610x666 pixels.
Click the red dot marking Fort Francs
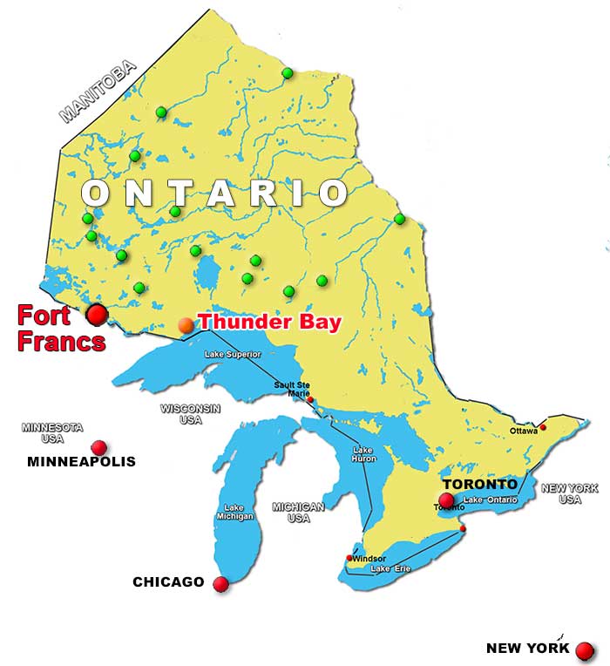click(97, 314)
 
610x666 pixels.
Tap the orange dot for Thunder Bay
click(186, 325)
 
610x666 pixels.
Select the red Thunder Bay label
click(271, 322)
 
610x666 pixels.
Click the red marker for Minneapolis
click(99, 447)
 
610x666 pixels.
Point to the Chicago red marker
click(220, 584)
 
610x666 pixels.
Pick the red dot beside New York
click(585, 650)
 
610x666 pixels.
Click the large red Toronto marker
click(447, 500)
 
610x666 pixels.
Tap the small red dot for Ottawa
click(543, 427)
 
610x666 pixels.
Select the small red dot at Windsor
click(350, 558)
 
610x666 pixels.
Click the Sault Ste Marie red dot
click(310, 400)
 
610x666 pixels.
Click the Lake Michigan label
click(234, 513)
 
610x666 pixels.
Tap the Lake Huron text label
click(363, 454)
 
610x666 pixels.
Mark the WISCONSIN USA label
click(190, 412)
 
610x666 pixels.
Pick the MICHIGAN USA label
click(298, 512)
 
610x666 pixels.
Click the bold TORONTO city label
click(479, 484)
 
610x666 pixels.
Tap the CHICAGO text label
click(168, 581)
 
